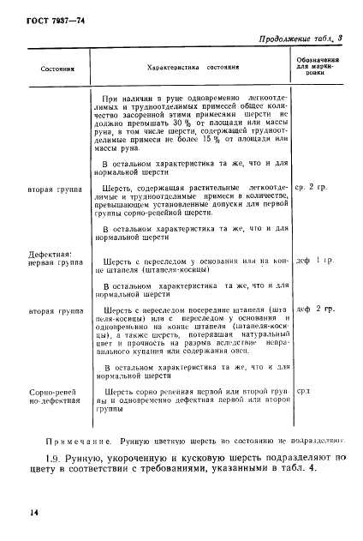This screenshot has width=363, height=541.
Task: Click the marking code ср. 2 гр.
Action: [312, 186]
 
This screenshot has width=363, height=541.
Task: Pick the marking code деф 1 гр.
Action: [313, 259]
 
